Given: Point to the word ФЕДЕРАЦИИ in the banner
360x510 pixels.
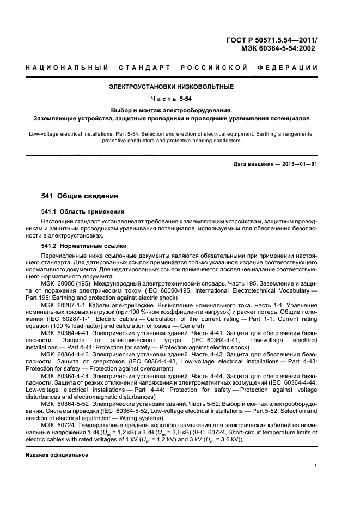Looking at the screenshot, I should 291,68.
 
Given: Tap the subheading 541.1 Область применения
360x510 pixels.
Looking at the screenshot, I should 83,211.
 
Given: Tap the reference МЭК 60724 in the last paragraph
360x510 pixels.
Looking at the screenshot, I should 57,424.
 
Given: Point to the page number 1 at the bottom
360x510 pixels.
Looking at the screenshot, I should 316,465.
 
